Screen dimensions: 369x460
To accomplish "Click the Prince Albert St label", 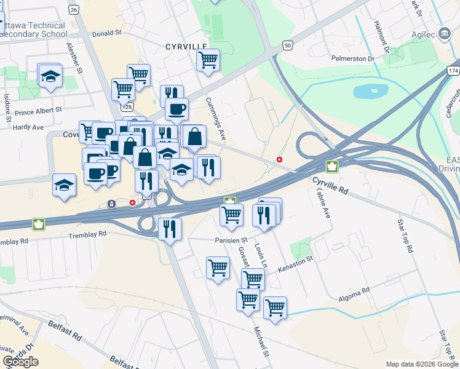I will point(39,111).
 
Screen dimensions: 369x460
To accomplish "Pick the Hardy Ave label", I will point(29,127).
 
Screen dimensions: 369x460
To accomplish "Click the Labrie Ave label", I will point(323,204).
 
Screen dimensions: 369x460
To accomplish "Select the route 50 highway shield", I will point(287,45).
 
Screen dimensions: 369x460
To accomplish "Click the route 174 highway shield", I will point(453,71).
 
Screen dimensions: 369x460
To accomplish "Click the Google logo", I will point(20,362).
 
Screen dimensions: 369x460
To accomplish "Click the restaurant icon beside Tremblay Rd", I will point(169,229).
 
